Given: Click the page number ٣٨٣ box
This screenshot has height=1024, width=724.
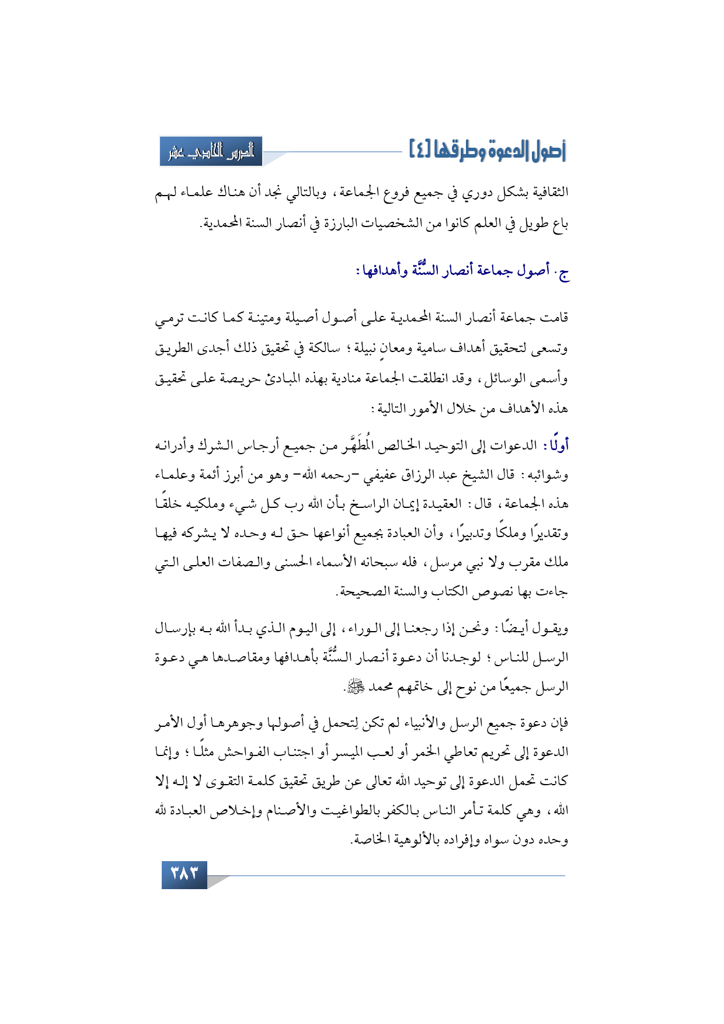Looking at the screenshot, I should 184,875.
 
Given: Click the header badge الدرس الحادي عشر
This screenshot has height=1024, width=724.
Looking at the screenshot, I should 211,152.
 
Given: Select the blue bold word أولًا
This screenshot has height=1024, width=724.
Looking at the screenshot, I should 555,446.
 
